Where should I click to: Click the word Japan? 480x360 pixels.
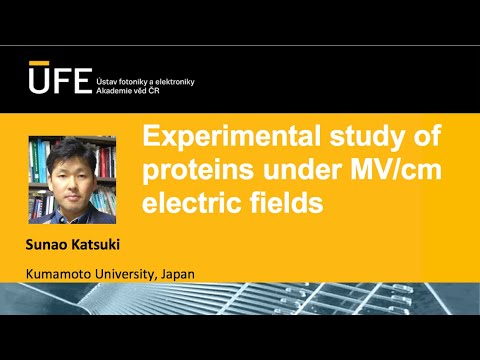click(175, 273)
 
